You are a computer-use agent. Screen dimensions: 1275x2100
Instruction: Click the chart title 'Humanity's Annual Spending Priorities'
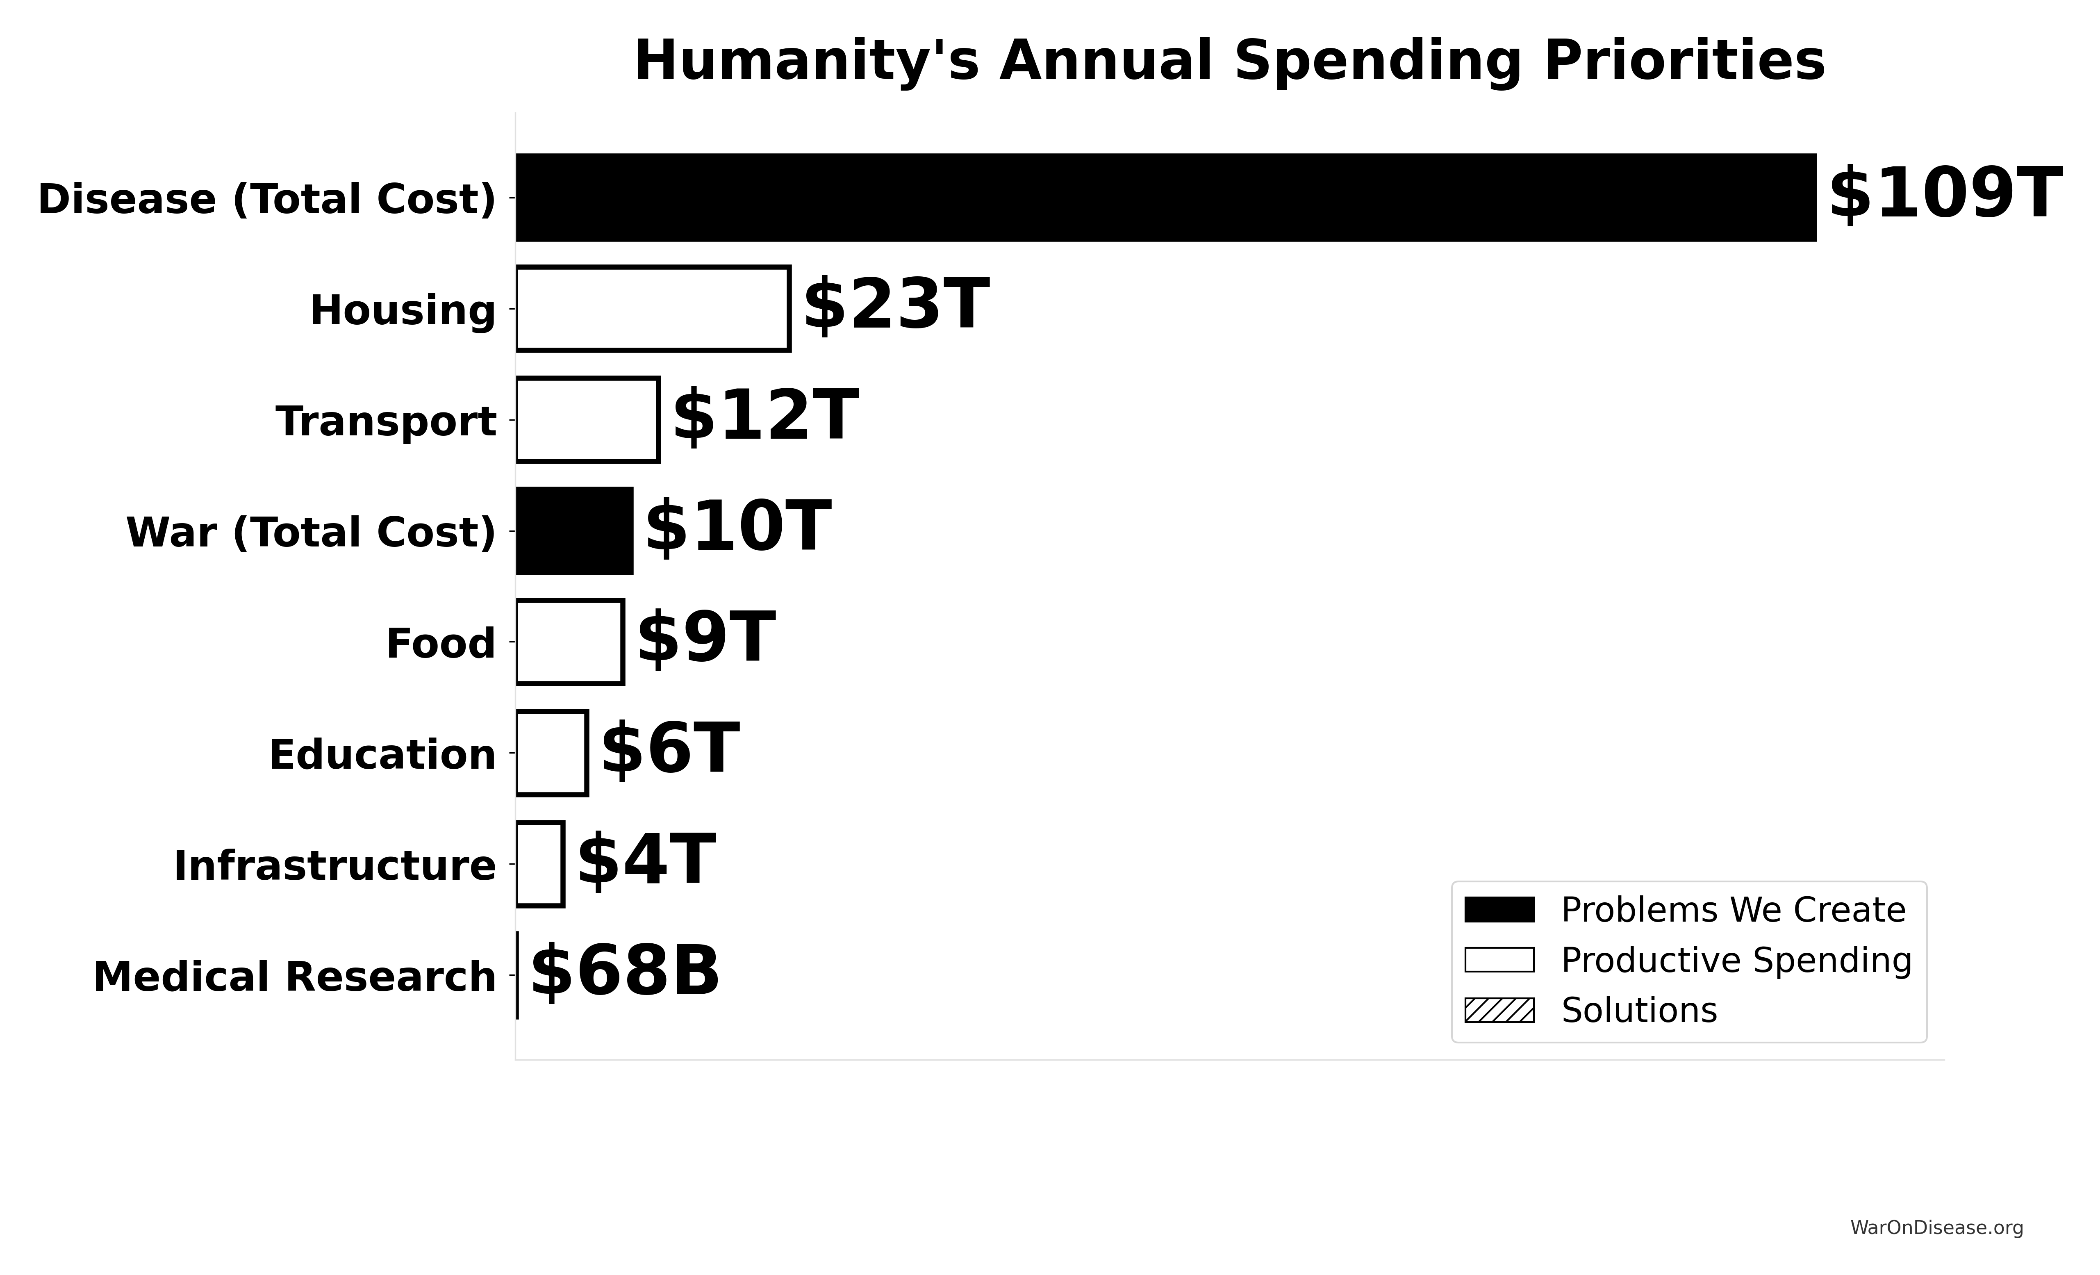point(1229,61)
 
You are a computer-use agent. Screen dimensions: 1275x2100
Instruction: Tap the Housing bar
point(653,309)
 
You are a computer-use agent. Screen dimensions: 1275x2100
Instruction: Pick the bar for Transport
point(587,419)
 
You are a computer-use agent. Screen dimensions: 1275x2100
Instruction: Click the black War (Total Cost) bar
point(574,531)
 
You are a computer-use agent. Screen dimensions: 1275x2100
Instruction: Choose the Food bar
point(569,642)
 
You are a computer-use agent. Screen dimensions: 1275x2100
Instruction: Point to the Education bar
point(551,753)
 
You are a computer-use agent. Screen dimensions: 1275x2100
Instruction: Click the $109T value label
point(1945,194)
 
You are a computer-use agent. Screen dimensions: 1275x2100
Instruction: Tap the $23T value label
point(896,305)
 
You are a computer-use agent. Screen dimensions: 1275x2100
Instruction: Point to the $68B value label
point(625,972)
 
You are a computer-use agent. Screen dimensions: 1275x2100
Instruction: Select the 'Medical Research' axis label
point(294,977)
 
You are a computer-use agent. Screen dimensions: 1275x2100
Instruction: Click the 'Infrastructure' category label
point(335,866)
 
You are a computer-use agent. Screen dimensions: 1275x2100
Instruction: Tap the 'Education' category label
point(382,755)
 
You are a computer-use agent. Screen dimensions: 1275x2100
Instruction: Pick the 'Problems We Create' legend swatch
point(1499,909)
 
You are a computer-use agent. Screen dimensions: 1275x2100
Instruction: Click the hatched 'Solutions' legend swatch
point(1499,1010)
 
